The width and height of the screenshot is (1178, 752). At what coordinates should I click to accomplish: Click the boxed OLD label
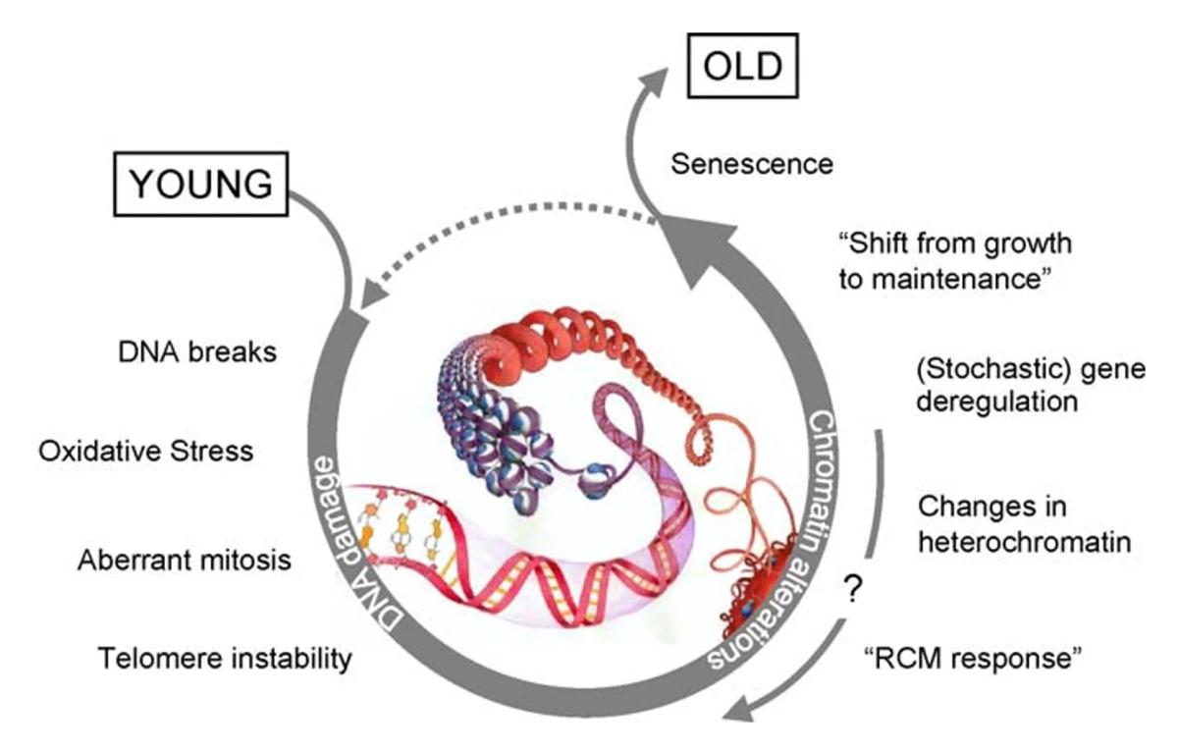tap(743, 68)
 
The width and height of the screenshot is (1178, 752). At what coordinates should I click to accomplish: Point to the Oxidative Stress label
tap(146, 452)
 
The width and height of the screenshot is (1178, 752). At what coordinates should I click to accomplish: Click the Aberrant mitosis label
tap(185, 561)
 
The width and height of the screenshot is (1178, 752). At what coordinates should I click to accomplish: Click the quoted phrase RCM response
tap(972, 656)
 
